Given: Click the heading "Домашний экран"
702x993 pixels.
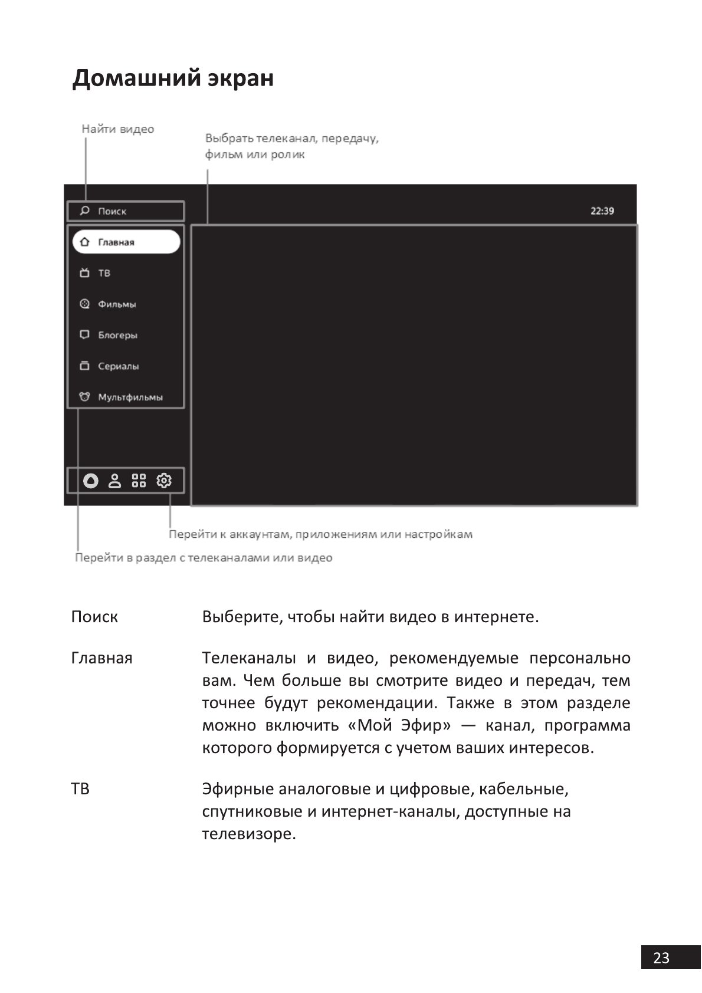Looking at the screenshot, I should (x=173, y=78).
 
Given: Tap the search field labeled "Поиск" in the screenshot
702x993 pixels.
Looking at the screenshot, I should (x=126, y=211).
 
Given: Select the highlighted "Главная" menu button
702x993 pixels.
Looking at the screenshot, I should (x=126, y=242).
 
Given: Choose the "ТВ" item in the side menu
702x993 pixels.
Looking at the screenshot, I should (x=104, y=273).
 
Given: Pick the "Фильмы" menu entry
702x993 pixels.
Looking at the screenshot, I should (x=117, y=304).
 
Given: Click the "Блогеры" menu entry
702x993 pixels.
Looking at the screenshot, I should (x=117, y=335).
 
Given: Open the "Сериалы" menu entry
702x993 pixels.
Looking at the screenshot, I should (x=118, y=366).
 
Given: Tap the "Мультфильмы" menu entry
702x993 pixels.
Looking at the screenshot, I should (x=130, y=397).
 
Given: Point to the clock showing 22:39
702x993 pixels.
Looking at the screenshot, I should (x=602, y=211).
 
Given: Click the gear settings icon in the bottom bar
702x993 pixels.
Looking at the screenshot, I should (x=164, y=481).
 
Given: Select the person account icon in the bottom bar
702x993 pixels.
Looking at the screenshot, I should (x=114, y=481).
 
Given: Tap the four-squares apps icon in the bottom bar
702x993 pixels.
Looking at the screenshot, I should (x=139, y=481).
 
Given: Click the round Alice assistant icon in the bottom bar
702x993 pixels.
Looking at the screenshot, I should (x=90, y=481).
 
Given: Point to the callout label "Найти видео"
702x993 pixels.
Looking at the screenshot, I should (x=117, y=129).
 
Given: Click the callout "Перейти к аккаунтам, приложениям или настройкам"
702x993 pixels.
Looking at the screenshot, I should (x=320, y=534).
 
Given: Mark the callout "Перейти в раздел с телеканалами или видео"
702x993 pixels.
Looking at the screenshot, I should (x=204, y=558).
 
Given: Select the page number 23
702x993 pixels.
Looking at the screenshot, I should (x=661, y=958).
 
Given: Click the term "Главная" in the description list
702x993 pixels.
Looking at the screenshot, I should (x=101, y=658).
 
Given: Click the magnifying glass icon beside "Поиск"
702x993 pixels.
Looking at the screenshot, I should (x=85, y=211).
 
